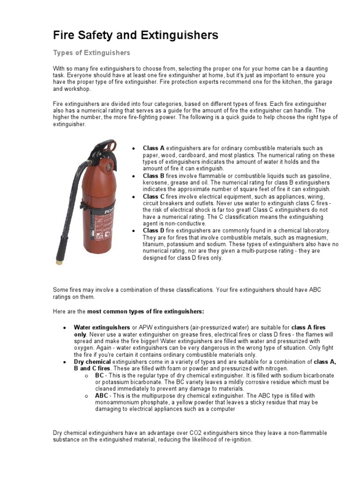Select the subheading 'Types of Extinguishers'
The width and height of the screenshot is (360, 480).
tap(91, 52)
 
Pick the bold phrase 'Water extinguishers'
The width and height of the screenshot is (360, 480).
tap(102, 327)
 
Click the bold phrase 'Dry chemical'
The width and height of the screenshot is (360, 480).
tap(92, 362)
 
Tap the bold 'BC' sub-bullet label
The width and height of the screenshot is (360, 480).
tap(99, 375)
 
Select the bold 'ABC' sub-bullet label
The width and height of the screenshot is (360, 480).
tap(102, 396)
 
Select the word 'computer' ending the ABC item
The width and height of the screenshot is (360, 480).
tap(223, 409)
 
